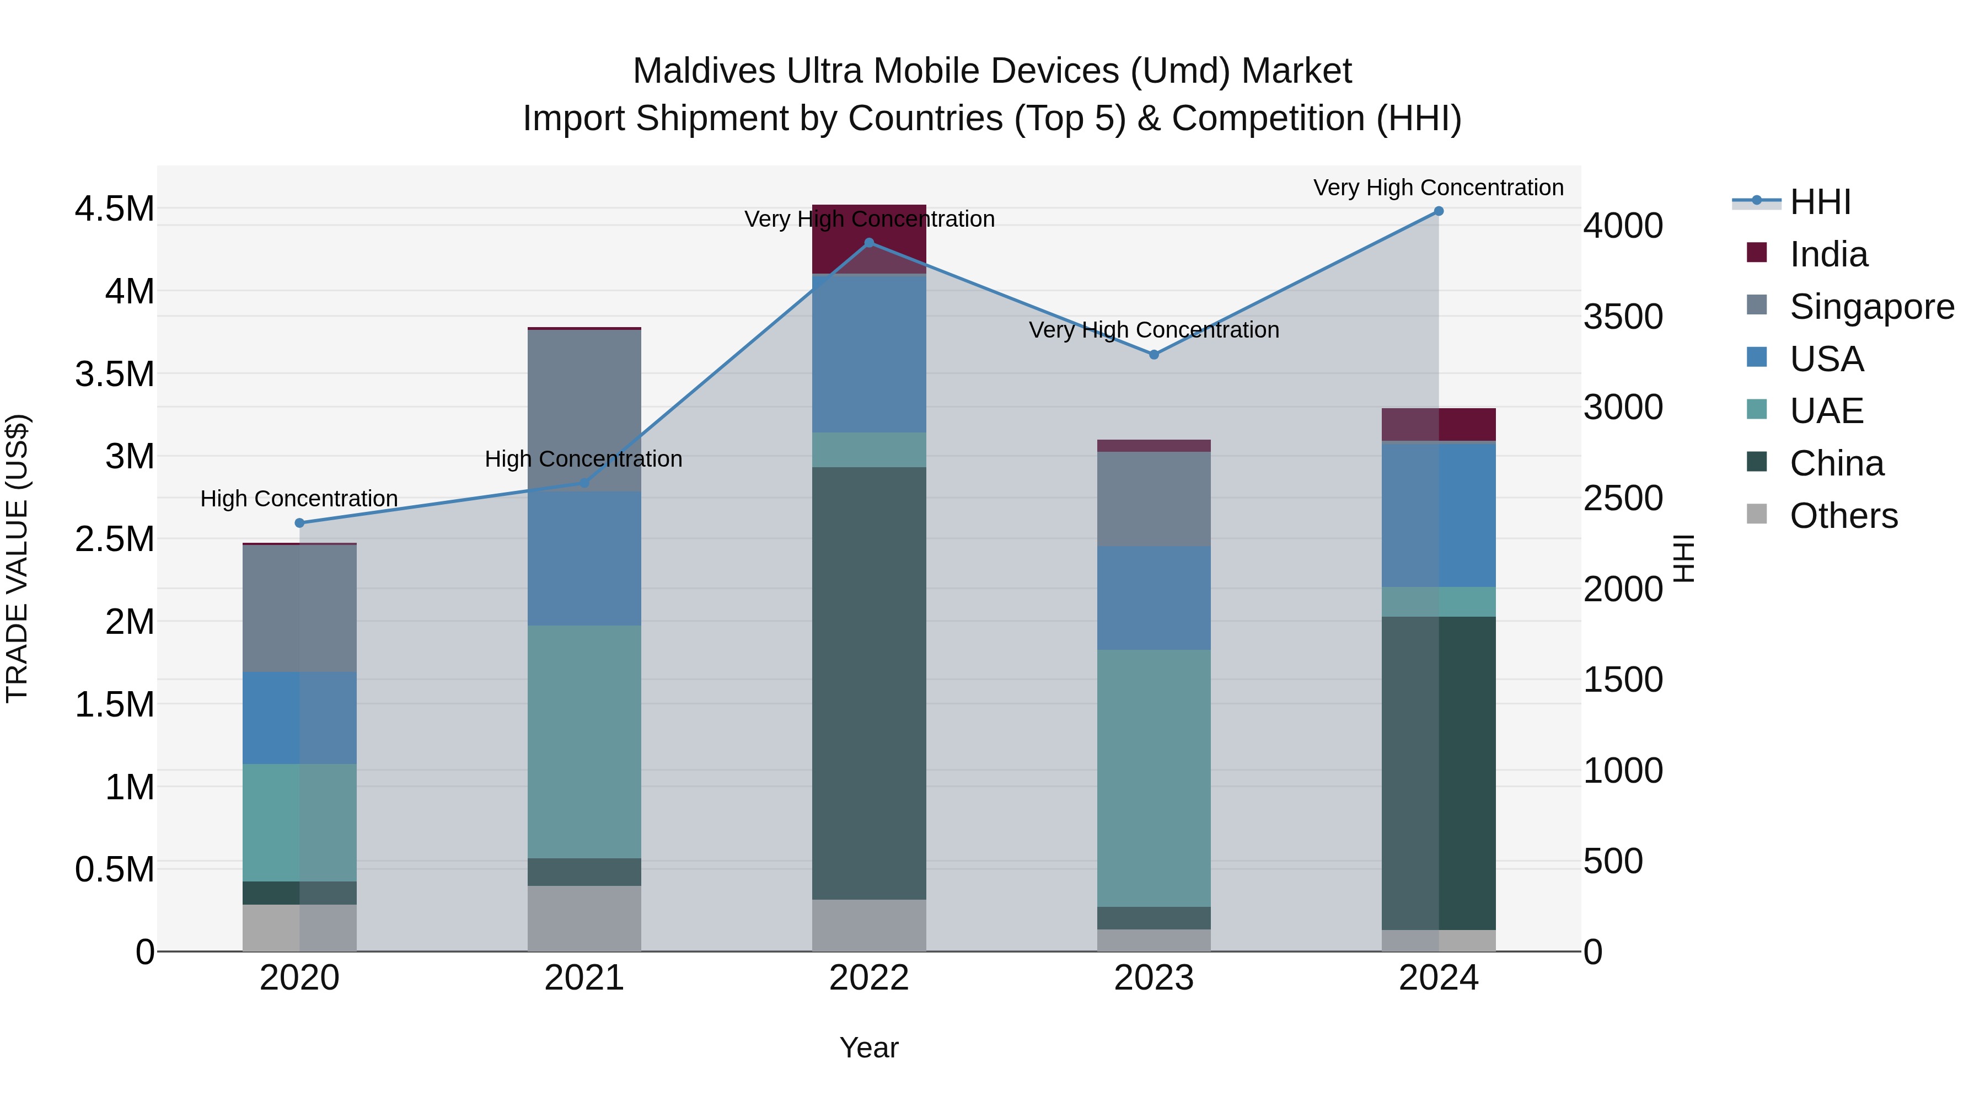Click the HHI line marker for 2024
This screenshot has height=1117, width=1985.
(x=1438, y=211)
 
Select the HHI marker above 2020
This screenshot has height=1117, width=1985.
(x=300, y=523)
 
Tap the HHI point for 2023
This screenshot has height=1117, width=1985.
(x=1154, y=355)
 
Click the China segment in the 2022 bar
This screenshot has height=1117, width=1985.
(x=868, y=682)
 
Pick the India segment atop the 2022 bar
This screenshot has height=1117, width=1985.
(x=868, y=239)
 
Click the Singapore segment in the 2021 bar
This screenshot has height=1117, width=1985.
(x=583, y=409)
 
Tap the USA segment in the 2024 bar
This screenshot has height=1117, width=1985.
(x=1438, y=515)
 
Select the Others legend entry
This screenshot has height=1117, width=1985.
(x=1843, y=516)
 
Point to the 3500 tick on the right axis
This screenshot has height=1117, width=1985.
(x=1623, y=317)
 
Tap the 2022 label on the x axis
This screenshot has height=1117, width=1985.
(x=868, y=978)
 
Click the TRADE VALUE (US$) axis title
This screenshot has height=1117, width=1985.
(x=17, y=558)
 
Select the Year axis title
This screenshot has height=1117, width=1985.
(x=868, y=1047)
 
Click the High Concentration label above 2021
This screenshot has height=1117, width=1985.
(x=583, y=459)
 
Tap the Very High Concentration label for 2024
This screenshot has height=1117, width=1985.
(x=1438, y=188)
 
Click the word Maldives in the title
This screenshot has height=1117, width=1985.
(x=704, y=71)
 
